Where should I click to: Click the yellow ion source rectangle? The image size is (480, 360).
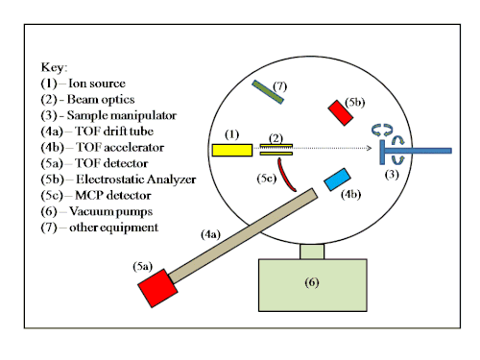point(232,150)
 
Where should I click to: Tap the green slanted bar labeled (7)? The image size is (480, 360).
point(268,92)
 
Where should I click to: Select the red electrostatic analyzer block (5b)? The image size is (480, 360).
point(341,113)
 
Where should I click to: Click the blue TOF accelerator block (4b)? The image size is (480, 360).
point(337,180)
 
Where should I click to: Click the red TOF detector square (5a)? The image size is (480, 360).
point(157,288)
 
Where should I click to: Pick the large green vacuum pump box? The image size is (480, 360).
point(313,285)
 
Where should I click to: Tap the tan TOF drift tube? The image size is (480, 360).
point(243,236)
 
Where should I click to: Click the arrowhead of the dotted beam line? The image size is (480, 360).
point(370,148)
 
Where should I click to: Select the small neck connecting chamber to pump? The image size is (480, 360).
point(312,252)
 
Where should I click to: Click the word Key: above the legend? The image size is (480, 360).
point(54,67)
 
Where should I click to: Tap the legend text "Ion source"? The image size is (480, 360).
point(97,84)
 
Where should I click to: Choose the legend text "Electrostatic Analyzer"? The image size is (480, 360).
point(136,180)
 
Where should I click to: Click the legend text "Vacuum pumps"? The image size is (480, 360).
point(110,211)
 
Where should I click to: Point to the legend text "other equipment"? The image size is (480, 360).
point(113,228)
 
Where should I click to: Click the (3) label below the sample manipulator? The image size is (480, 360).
point(392,175)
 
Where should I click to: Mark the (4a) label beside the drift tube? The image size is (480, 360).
point(210,234)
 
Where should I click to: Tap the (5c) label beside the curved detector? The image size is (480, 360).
point(267,179)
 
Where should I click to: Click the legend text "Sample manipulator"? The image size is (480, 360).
point(122,115)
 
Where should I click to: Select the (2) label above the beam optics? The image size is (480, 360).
point(276,138)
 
